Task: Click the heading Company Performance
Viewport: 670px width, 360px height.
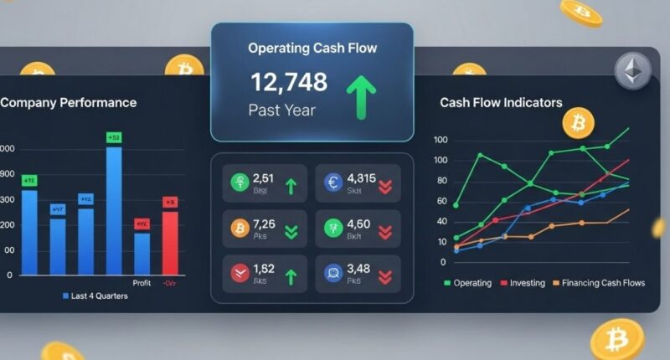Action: point(69,103)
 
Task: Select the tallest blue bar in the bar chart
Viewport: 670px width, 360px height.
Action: point(114,209)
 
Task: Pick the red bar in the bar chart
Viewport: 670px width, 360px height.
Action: point(170,243)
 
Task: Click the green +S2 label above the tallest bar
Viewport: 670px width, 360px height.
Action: point(114,136)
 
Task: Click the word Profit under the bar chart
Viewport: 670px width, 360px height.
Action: point(142,283)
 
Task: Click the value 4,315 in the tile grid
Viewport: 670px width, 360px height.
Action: point(362,177)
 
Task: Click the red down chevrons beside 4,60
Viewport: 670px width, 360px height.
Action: point(386,232)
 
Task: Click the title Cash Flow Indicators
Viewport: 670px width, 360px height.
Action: point(501,103)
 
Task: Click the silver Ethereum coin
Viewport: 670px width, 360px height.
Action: point(632,71)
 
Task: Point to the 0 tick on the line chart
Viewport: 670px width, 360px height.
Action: point(443,262)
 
